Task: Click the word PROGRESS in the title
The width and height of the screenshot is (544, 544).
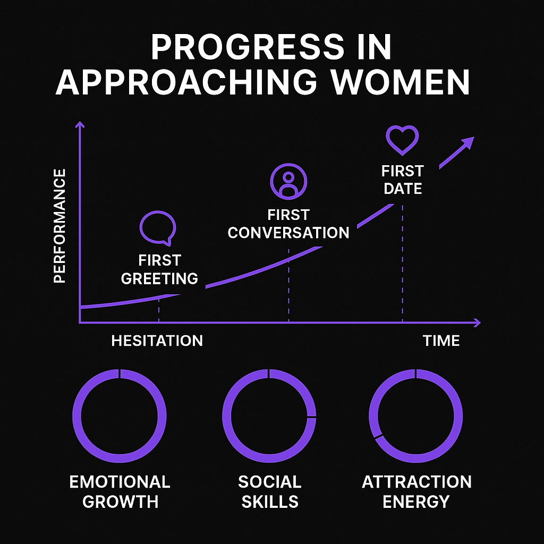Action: point(248,47)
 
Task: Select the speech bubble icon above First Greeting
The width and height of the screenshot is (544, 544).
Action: point(158,228)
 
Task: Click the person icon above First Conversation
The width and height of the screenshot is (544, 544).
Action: point(288,182)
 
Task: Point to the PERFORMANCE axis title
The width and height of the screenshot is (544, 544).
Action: point(59,226)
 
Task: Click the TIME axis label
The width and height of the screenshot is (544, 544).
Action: point(441,341)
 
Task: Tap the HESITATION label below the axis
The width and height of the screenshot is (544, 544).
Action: point(157,341)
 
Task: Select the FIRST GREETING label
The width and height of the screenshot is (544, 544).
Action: point(159,269)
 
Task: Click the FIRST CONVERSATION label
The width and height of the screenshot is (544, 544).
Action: point(288,224)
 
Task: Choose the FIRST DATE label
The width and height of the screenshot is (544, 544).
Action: point(403,180)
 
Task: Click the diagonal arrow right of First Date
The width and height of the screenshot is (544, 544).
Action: point(456,152)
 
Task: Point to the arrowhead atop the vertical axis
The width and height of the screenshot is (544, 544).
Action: point(80,124)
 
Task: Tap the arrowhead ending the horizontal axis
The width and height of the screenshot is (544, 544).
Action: point(478,322)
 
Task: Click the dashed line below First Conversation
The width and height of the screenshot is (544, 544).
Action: point(288,285)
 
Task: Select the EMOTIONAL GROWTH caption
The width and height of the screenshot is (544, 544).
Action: point(120,491)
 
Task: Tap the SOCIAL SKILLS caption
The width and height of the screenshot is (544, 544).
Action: point(270,491)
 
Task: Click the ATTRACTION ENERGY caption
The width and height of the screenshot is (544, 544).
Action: point(416,491)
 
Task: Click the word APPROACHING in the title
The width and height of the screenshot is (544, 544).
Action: point(186,82)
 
